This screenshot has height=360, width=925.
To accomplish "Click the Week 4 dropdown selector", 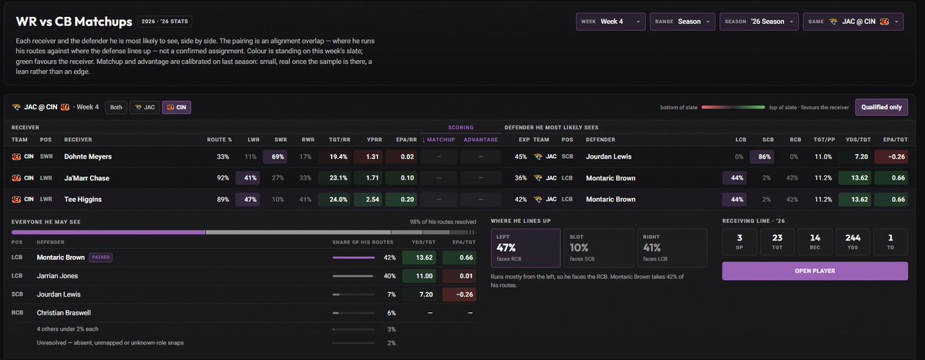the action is [x=610, y=22].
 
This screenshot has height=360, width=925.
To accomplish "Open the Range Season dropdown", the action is [x=681, y=22].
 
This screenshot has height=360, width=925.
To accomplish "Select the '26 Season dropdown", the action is [x=758, y=22].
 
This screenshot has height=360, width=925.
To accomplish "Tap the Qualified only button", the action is [x=881, y=107].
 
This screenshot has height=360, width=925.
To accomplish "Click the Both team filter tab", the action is [x=116, y=107].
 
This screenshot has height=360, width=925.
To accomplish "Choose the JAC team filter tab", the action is [x=145, y=107].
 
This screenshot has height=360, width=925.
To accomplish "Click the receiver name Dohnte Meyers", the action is [x=88, y=157].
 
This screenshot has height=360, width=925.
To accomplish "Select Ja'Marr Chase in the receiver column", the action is [x=86, y=178].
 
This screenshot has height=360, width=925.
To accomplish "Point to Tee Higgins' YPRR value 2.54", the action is [x=372, y=200].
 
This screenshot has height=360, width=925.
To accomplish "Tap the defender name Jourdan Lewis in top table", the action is [x=609, y=157].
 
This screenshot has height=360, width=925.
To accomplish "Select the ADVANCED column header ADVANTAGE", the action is [x=481, y=140].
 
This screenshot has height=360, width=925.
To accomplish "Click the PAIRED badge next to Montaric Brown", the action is [x=101, y=257].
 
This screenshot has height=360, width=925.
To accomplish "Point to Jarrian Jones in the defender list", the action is [x=57, y=276].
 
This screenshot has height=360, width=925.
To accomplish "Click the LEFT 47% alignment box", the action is [x=525, y=247].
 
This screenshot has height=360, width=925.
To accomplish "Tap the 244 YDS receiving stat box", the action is [x=853, y=242].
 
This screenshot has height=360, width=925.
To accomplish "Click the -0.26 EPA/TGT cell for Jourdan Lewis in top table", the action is [x=891, y=157].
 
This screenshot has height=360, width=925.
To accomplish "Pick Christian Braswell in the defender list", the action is [x=63, y=313].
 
